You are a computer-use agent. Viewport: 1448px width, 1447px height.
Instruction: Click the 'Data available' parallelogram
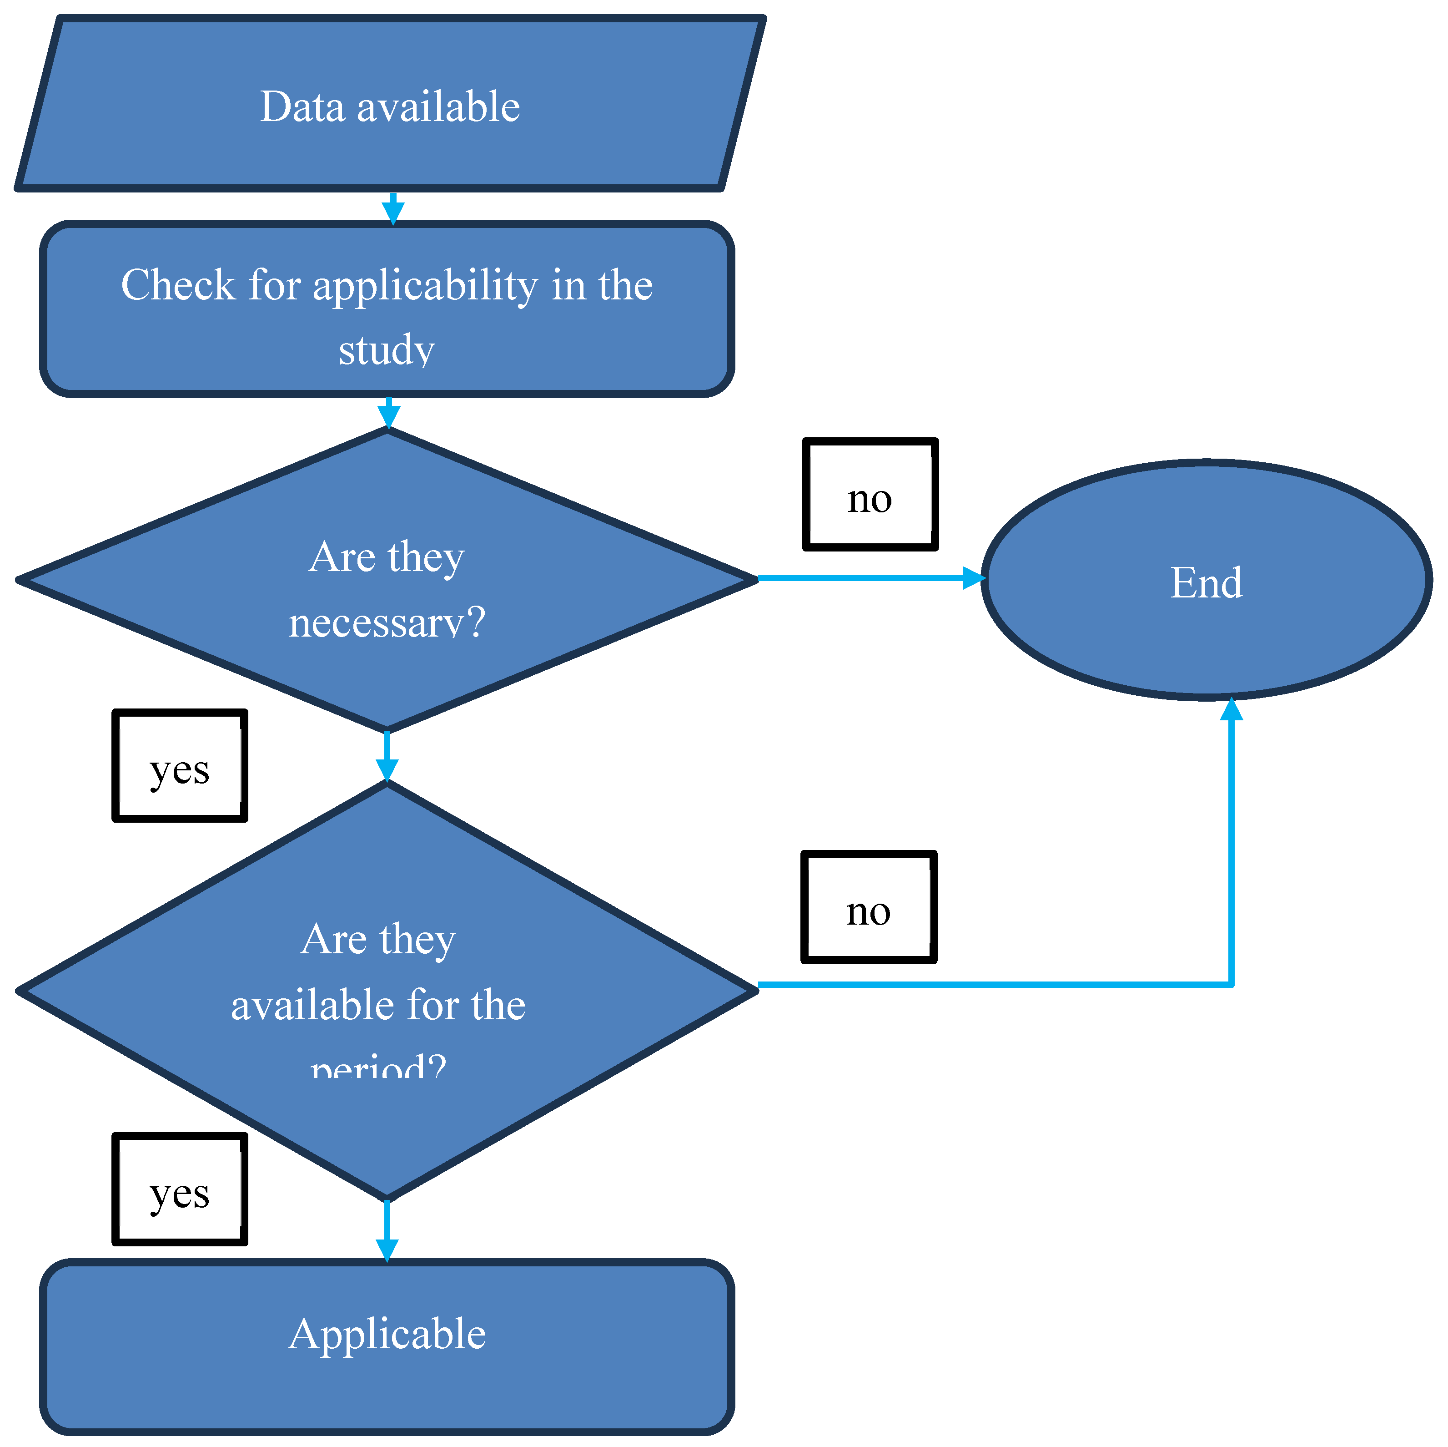click(390, 105)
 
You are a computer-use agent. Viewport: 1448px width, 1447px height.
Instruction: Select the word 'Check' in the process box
click(178, 286)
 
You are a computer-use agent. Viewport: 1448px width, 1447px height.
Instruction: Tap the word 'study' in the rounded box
click(386, 349)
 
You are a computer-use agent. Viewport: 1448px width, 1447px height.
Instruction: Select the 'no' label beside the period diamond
click(869, 908)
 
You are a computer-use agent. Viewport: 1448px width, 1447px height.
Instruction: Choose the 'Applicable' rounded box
click(387, 1346)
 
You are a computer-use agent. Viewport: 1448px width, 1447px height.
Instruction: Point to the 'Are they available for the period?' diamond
click(387, 990)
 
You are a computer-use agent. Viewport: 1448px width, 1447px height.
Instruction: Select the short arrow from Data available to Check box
click(393, 208)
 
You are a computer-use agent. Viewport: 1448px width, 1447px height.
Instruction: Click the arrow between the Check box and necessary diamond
click(388, 412)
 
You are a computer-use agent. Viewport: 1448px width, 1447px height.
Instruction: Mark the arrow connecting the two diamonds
click(387, 757)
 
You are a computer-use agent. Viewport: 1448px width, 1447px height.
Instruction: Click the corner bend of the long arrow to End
click(1232, 984)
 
